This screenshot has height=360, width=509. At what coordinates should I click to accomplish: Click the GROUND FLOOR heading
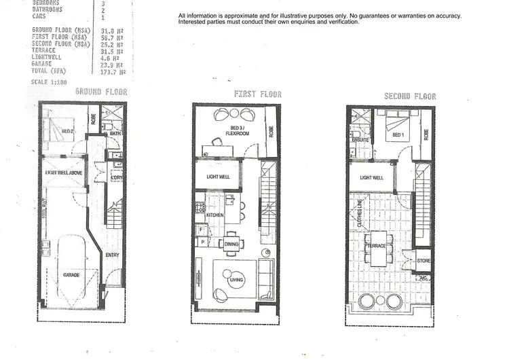pos(100,91)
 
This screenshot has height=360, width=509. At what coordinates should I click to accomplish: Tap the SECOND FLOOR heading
pos(410,96)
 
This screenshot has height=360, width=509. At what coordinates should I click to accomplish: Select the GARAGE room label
pos(71,275)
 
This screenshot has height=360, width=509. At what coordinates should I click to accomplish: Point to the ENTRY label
pos(113,255)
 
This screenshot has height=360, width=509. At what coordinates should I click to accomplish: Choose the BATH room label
pos(115,134)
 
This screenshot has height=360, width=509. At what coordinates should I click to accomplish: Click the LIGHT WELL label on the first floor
pos(218,177)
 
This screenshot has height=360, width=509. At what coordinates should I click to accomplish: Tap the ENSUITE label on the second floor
pos(360,140)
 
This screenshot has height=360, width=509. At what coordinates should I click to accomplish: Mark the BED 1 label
pos(398,136)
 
